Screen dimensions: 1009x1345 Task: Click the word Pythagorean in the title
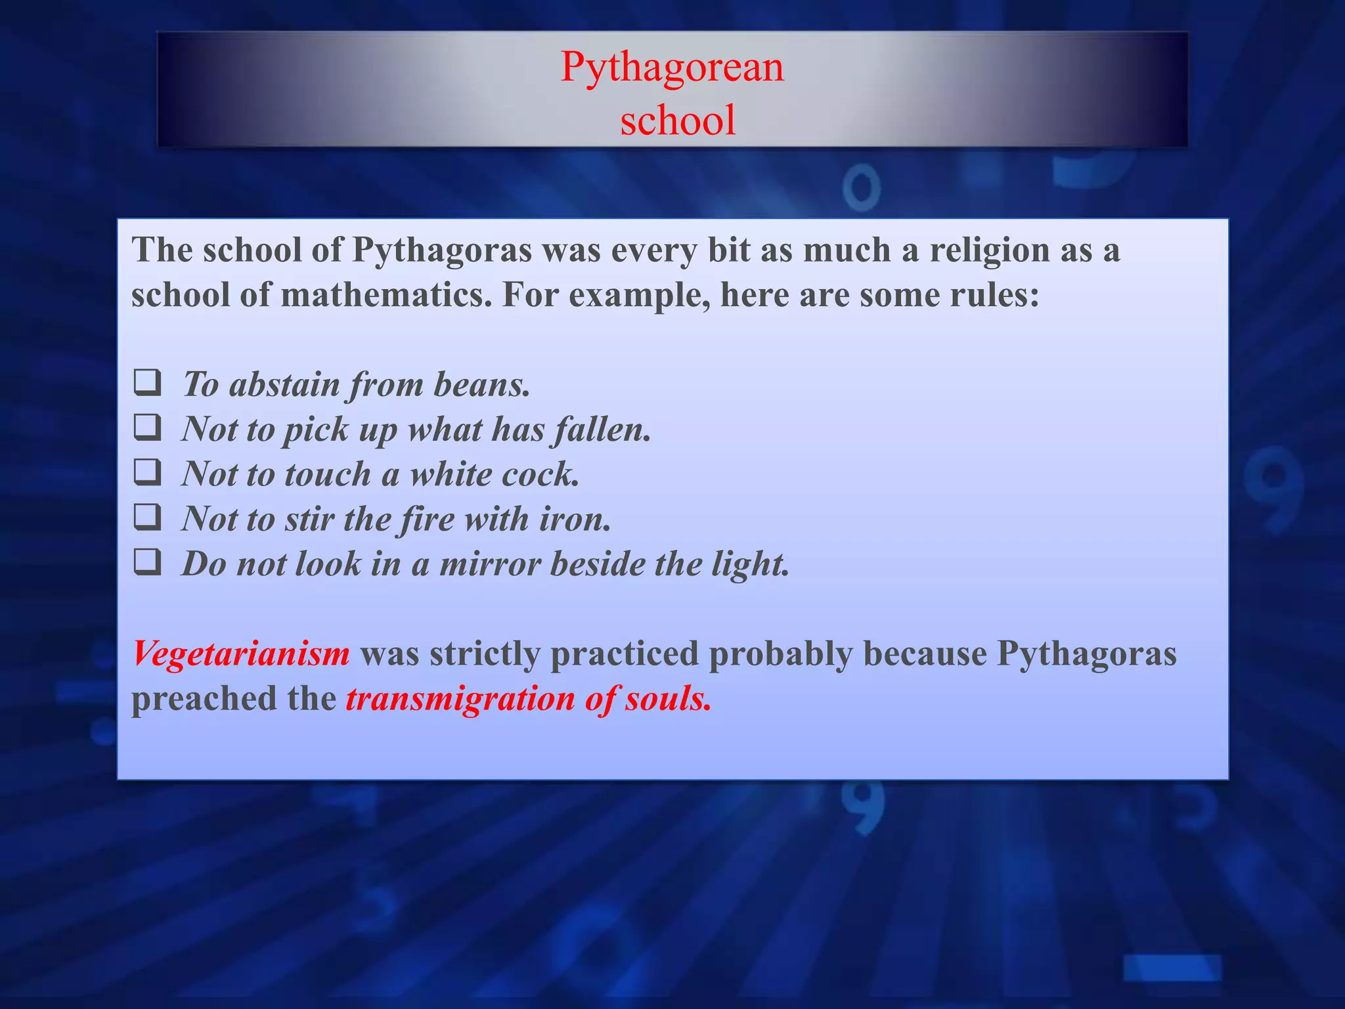pyautogui.click(x=672, y=67)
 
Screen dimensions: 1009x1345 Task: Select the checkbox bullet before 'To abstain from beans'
pyautogui.click(x=147, y=383)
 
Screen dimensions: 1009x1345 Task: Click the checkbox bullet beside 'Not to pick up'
pyautogui.click(x=147, y=428)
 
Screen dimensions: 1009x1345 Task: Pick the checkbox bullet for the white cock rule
pyautogui.click(x=147, y=472)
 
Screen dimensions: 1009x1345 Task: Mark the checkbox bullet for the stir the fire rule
pyautogui.click(x=147, y=517)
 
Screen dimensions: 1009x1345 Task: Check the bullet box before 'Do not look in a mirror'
pyautogui.click(x=147, y=562)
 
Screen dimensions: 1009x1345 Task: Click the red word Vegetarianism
pyautogui.click(x=241, y=654)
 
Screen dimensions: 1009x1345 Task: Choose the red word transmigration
pyautogui.click(x=460, y=698)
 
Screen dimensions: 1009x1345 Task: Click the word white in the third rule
pyautogui.click(x=450, y=474)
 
